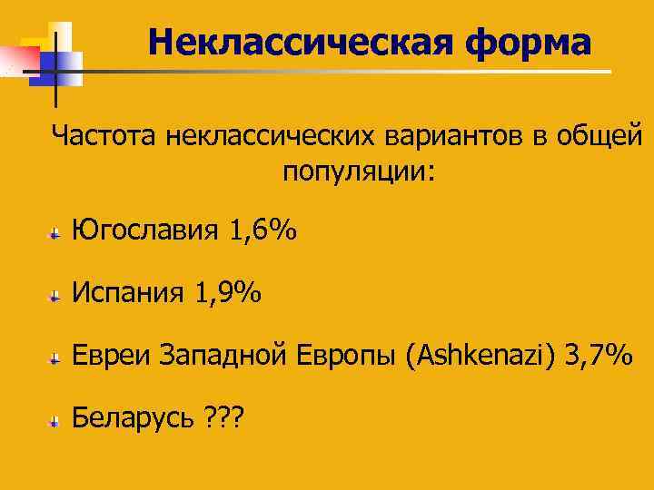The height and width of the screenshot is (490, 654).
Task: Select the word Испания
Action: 127,293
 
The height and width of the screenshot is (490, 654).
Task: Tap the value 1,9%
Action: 228,293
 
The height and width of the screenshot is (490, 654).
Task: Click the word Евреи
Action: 111,356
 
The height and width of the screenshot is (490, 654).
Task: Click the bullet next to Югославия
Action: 56,235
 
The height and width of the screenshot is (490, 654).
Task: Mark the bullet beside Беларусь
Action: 56,421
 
